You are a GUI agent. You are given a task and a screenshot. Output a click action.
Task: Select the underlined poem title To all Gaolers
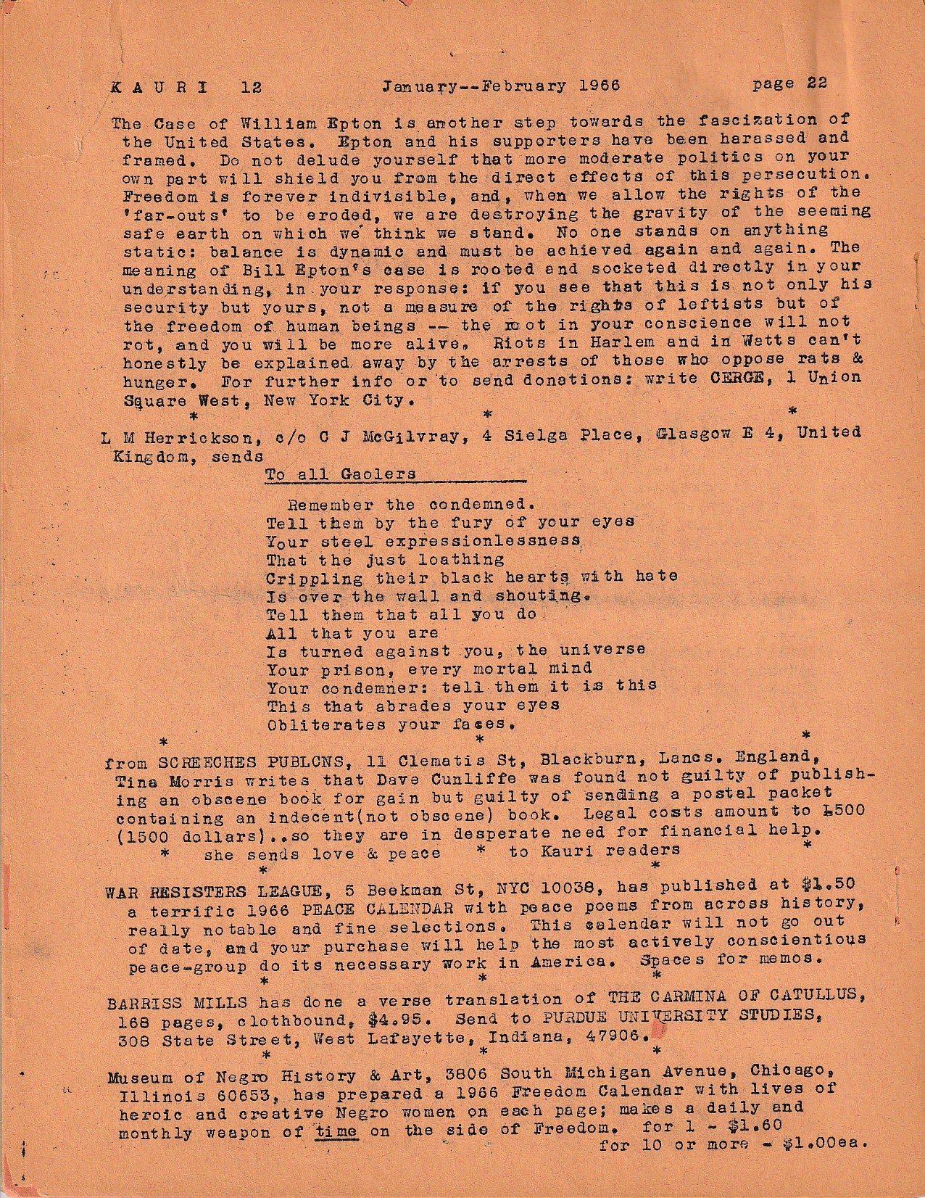coord(341,474)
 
